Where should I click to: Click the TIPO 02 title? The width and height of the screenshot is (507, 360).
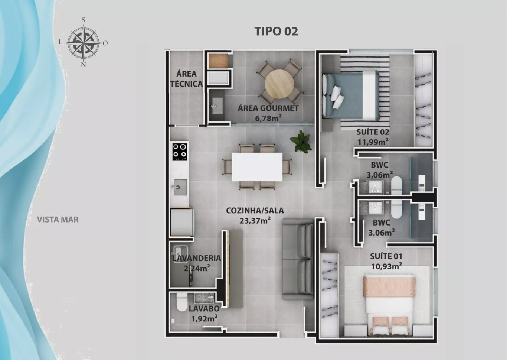(x=276, y=31)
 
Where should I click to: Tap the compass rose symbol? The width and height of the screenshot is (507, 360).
(x=84, y=43)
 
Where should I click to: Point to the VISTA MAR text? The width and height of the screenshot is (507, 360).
(x=58, y=220)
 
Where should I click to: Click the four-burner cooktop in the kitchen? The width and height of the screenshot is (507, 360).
(x=180, y=152)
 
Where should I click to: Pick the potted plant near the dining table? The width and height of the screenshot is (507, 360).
(x=301, y=141)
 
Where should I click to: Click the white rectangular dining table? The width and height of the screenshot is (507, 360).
(x=257, y=167)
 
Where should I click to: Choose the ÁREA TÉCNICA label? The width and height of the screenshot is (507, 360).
(x=186, y=79)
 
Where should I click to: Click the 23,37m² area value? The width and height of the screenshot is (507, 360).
(x=255, y=220)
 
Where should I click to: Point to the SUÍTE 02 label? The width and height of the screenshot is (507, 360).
(x=373, y=132)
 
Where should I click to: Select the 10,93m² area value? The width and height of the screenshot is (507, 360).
(x=387, y=266)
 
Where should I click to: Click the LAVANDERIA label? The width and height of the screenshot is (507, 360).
(x=197, y=258)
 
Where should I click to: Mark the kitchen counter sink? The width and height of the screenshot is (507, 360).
(x=180, y=187)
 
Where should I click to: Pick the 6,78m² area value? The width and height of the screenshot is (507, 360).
(x=268, y=118)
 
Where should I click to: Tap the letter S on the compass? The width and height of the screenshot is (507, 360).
(x=83, y=20)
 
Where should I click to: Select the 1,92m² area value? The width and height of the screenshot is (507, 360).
(x=205, y=319)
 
